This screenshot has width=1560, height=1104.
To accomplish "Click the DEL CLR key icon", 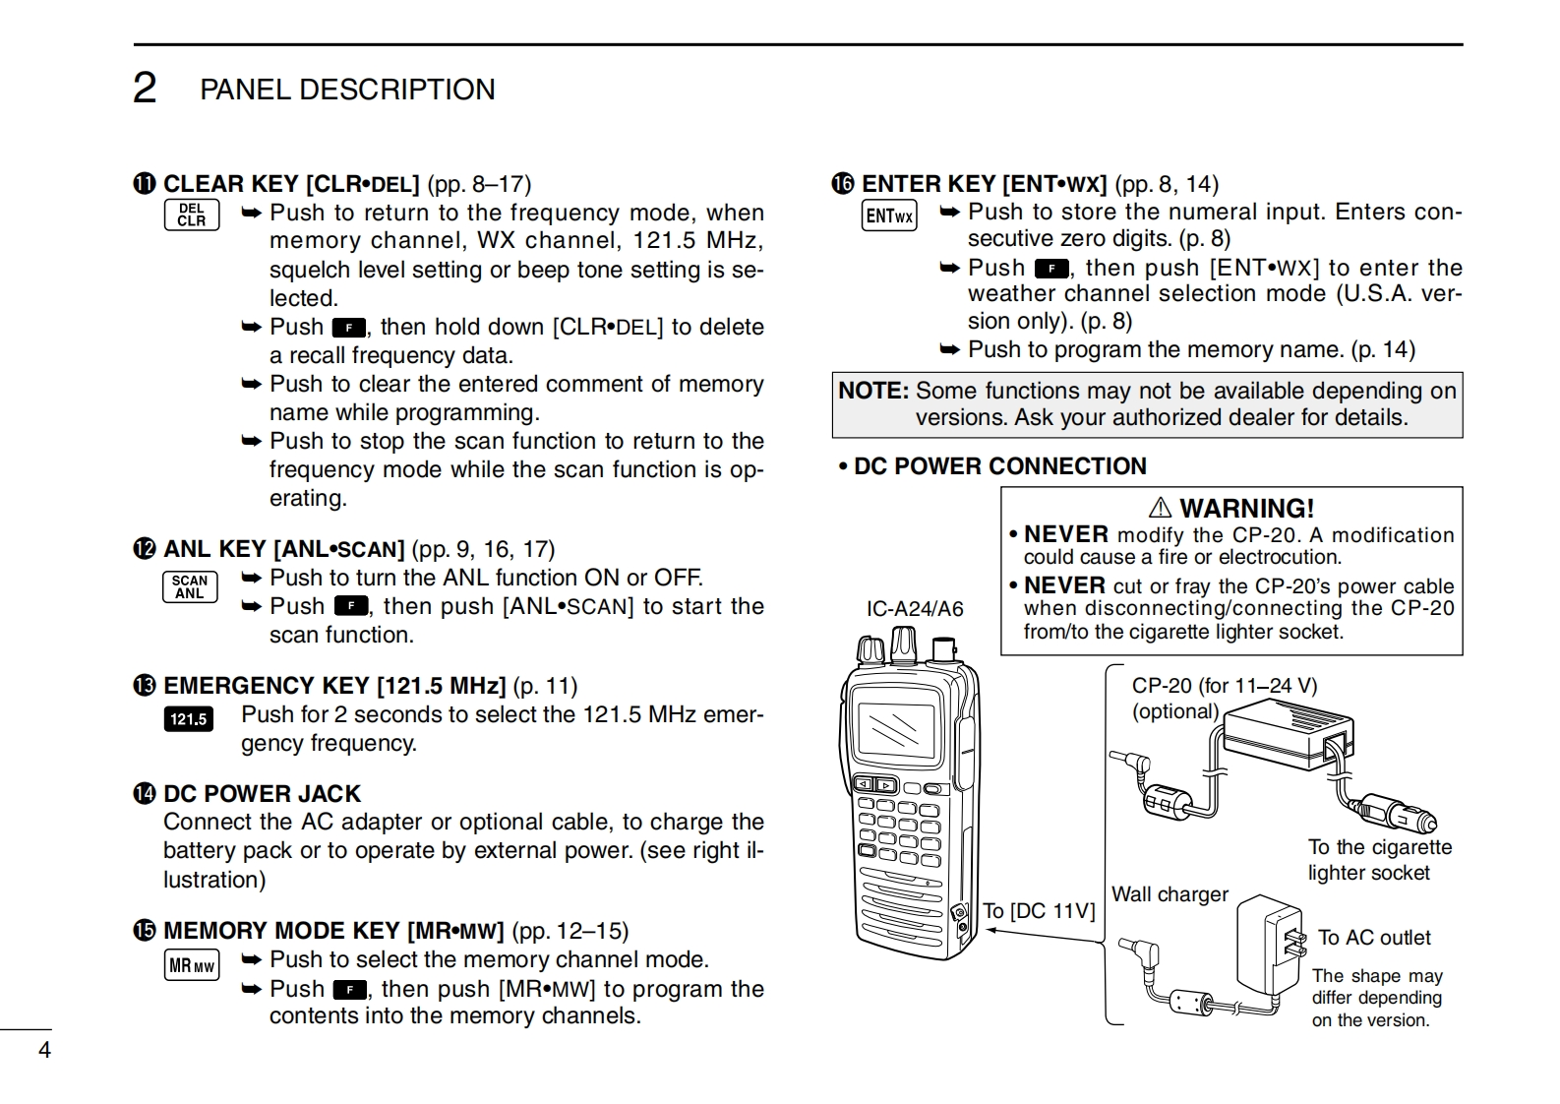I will [x=192, y=215].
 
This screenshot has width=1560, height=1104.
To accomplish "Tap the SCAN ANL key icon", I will [x=190, y=587].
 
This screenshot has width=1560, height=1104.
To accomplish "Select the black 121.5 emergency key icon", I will [x=189, y=719].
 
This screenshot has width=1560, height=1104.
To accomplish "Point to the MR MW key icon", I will [x=191, y=966].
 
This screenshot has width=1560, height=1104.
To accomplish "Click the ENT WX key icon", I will [x=889, y=215].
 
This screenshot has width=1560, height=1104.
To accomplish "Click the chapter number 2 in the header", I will [x=145, y=89].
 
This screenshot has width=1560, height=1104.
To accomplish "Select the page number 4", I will [x=44, y=1050].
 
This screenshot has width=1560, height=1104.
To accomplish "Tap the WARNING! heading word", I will [x=1246, y=509].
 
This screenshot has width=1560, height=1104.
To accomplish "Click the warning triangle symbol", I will [x=1161, y=508].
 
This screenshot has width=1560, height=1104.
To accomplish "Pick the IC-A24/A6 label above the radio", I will [x=915, y=609].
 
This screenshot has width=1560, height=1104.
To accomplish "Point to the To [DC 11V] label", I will [x=1039, y=911].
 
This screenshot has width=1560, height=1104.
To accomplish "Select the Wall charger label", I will [x=1170, y=894].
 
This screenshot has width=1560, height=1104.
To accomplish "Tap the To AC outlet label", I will [x=1374, y=938].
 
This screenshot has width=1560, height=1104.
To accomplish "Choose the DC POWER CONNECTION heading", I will [x=999, y=466].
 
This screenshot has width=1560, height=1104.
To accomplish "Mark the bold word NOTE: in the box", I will [x=873, y=391].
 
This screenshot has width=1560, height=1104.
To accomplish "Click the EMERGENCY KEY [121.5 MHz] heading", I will [x=334, y=686].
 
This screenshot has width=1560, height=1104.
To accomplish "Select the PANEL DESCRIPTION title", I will [x=347, y=90].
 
